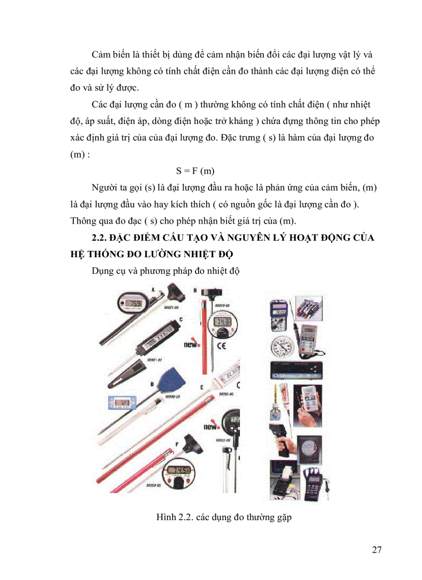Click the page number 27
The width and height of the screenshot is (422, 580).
tap(376, 550)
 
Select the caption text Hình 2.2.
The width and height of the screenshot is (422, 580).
tap(175, 516)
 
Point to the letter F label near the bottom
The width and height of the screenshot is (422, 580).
tap(177, 443)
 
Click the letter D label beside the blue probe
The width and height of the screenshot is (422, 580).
tap(152, 384)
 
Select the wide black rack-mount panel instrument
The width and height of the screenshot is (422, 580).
tap(295, 371)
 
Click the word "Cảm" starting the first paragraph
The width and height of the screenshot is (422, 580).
tap(101, 55)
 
